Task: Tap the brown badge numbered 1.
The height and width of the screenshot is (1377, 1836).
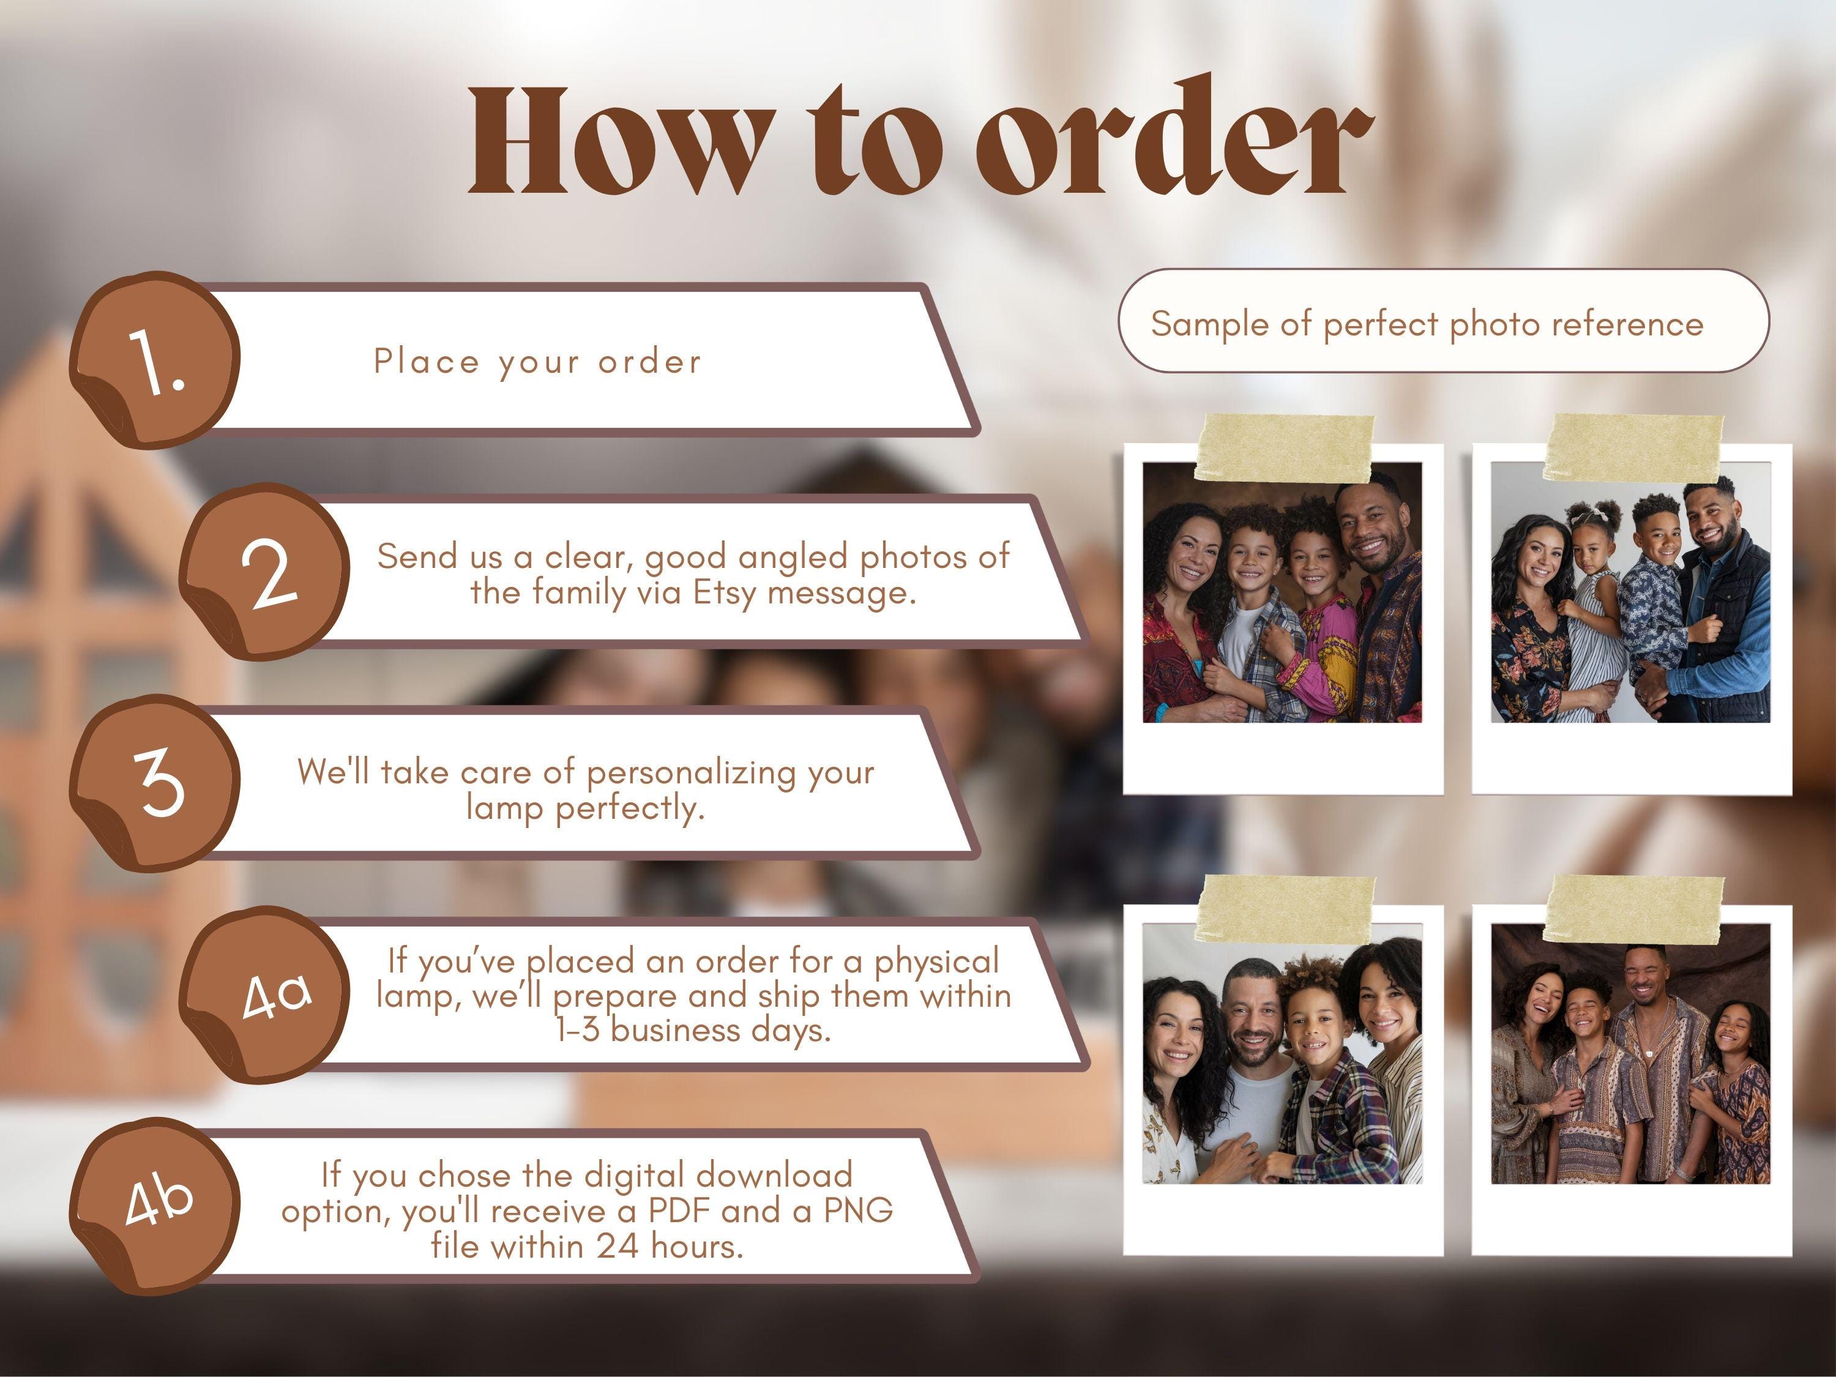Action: pyautogui.click(x=155, y=360)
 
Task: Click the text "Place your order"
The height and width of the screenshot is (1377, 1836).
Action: pyautogui.click(x=538, y=362)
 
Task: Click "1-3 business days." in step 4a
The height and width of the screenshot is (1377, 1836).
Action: pyautogui.click(x=693, y=1030)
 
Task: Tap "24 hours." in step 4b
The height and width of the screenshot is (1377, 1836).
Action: pyautogui.click(x=670, y=1246)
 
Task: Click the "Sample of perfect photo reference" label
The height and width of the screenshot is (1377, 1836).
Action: pyautogui.click(x=1427, y=323)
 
